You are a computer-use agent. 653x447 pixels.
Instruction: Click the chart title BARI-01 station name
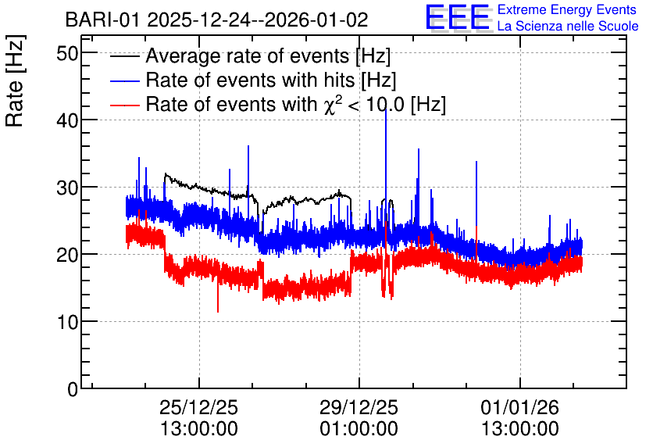[x=103, y=20]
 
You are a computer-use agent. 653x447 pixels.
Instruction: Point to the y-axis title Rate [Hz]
[x=15, y=80]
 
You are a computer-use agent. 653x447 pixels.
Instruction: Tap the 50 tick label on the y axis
[x=68, y=53]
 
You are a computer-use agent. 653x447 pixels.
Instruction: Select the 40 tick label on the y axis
[x=68, y=120]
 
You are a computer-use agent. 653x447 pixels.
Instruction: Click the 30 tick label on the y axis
[x=68, y=188]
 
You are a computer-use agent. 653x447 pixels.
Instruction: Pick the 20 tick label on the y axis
[x=68, y=255]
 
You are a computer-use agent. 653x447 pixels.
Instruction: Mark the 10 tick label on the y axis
[x=68, y=322]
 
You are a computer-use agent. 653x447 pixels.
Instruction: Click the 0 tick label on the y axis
[x=73, y=389]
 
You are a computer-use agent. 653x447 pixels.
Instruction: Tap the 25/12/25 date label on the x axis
[x=199, y=407]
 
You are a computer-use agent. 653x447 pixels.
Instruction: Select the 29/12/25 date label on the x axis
[x=359, y=407]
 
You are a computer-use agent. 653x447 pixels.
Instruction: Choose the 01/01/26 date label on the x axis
[x=520, y=407]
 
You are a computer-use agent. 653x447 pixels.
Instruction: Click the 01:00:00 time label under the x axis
[x=359, y=429]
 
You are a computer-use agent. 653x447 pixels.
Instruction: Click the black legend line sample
[x=124, y=56]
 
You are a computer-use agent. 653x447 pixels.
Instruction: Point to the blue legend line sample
[x=124, y=80]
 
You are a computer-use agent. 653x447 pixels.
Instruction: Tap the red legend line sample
[x=124, y=105]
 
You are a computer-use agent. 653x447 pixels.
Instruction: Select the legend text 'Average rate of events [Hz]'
[x=268, y=56]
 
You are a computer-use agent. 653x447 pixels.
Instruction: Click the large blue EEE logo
[x=458, y=17]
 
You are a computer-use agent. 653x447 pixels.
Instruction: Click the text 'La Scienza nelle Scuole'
[x=568, y=27]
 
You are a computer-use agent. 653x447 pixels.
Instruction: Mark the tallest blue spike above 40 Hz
[x=386, y=110]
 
